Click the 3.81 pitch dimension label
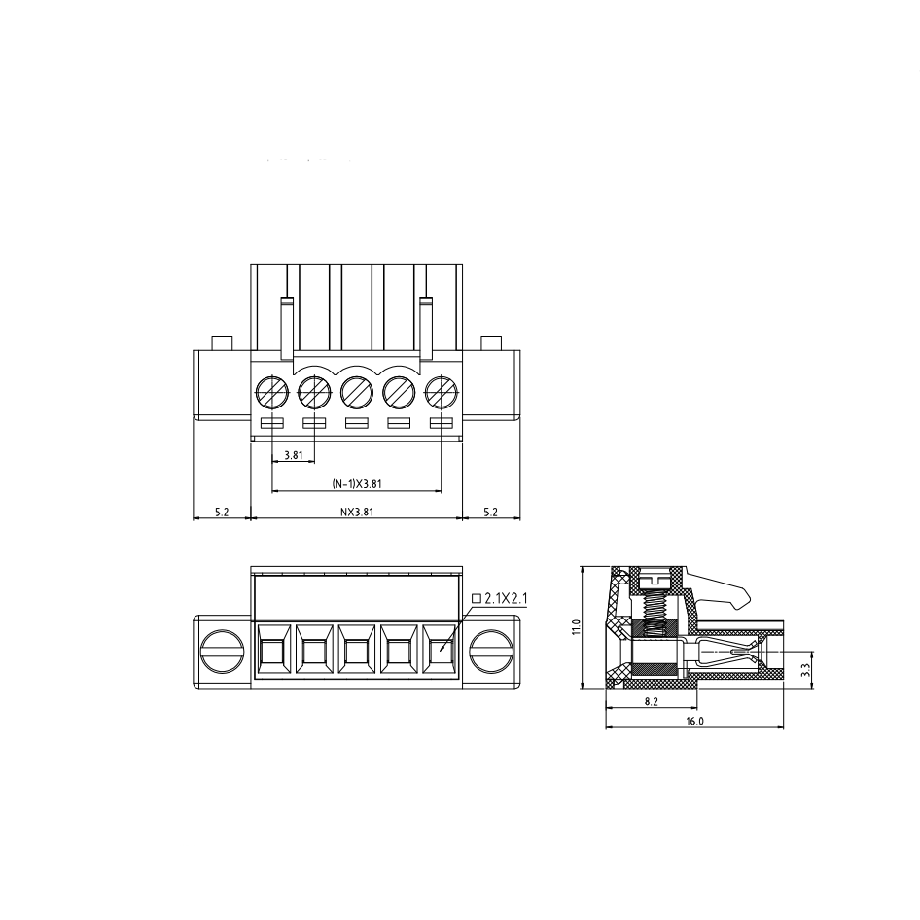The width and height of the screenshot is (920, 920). click(x=293, y=455)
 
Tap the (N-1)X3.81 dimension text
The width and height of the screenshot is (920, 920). click(x=357, y=484)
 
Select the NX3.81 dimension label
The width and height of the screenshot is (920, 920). click(x=357, y=512)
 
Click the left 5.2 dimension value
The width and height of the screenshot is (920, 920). click(x=222, y=512)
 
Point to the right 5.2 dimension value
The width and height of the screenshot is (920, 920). click(x=490, y=512)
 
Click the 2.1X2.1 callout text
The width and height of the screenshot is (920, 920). click(x=507, y=598)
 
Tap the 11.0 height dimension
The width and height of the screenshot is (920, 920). click(x=576, y=627)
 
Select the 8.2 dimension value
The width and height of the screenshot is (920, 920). click(x=652, y=701)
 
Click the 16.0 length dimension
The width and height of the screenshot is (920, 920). click(x=694, y=721)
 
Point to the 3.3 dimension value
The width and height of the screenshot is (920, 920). click(x=806, y=669)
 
